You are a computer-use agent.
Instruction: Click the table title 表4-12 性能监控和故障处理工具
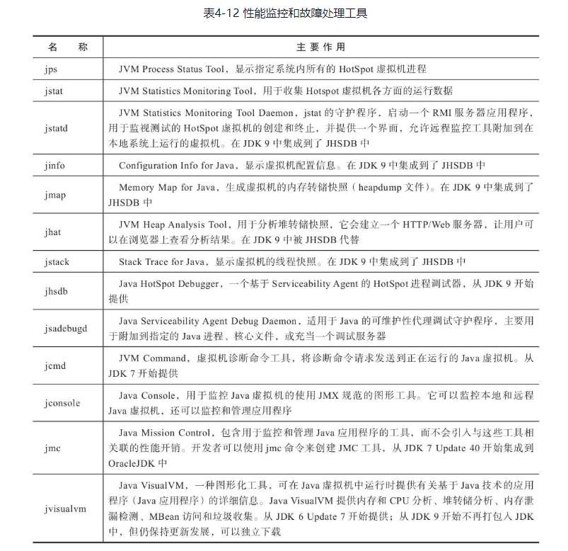[285, 13]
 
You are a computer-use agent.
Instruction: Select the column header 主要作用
[320, 47]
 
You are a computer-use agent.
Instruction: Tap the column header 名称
[68, 47]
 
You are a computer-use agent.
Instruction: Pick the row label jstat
[52, 91]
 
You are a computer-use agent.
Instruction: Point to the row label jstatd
[55, 128]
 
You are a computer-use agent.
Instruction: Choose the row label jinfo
[54, 166]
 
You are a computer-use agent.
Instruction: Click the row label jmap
[54, 195]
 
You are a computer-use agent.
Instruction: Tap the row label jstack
[56, 262]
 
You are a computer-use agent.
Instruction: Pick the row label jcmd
[54, 366]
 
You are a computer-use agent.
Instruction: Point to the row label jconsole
[62, 403]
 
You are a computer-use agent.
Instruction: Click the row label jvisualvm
[64, 508]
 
